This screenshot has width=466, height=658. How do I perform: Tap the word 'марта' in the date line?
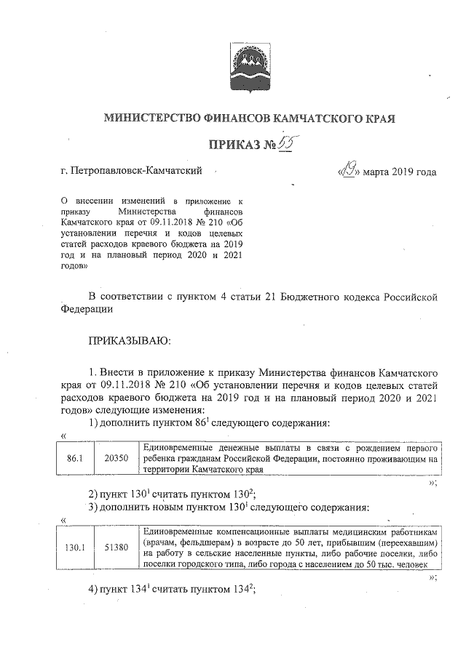pyautogui.click(x=379, y=172)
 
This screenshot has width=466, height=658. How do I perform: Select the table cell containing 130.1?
pyautogui.click(x=76, y=547)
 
